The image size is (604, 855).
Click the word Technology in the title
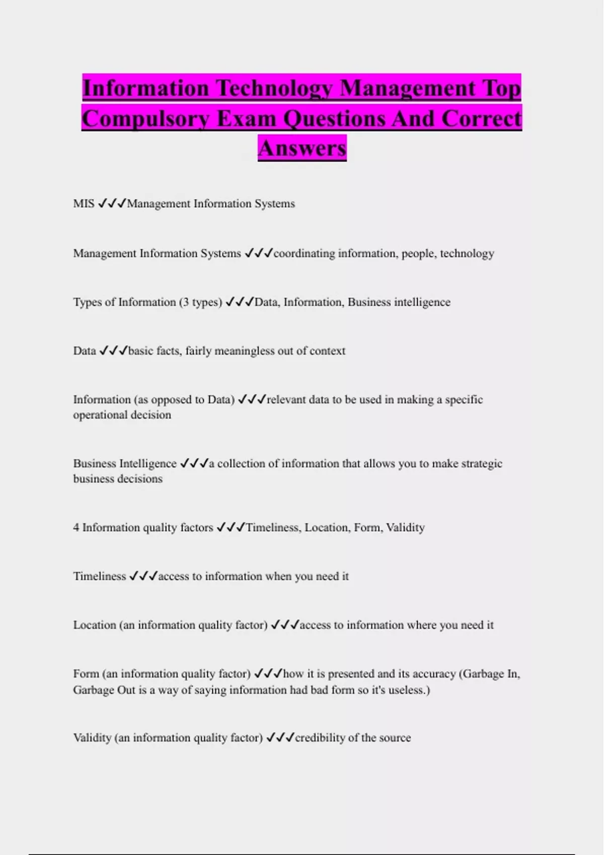pos(274,89)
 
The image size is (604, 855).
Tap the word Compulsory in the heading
pos(145,119)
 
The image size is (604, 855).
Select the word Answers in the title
pos(302,148)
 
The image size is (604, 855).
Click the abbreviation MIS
pos(84,204)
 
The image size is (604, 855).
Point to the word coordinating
pos(304,253)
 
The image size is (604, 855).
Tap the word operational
pos(98,415)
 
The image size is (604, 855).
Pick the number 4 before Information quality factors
pos(76,528)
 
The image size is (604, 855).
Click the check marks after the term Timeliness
pos(143,576)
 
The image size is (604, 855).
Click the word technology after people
pos(467,253)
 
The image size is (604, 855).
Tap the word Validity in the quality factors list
pos(405,528)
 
